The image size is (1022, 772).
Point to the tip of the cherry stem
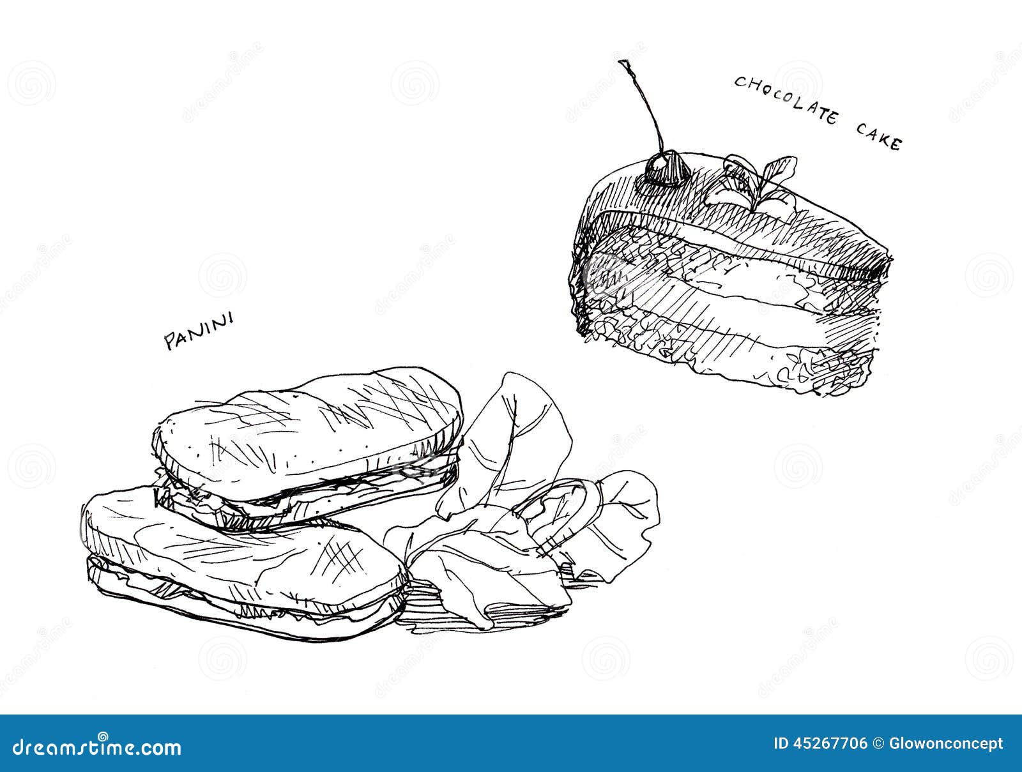pyautogui.click(x=622, y=62)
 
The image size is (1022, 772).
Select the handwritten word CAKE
pyautogui.click(x=878, y=138)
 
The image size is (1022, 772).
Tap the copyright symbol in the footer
pyautogui.click(x=879, y=744)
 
